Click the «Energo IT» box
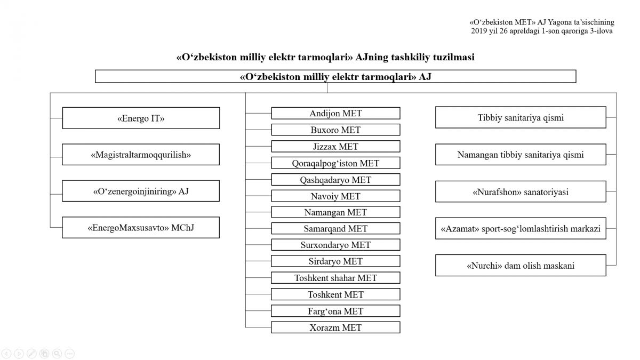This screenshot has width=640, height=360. tap(141, 118)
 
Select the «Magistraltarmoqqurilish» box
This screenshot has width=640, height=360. tap(141, 155)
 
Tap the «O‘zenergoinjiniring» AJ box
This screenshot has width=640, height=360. tap(141, 191)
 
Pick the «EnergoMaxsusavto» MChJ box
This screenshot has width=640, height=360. tap(141, 227)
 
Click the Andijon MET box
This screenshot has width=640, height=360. tap(335, 113)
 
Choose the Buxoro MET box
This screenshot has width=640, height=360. tap(335, 130)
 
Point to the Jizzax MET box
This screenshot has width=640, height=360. tap(335, 146)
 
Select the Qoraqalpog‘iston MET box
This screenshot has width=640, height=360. tap(335, 163)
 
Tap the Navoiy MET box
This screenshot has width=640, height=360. tap(335, 196)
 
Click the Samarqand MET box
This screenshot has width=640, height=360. tap(335, 228)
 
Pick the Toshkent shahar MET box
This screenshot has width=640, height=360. tap(335, 278)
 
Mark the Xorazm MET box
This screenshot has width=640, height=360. tap(335, 327)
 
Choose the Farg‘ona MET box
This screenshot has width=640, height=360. tap(335, 311)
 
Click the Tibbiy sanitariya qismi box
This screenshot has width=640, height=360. tap(521, 117)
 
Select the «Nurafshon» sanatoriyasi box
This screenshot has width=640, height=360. tap(521, 191)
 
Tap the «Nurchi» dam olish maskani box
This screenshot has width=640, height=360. tap(521, 266)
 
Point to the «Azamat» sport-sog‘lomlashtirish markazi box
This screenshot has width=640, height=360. tap(521, 228)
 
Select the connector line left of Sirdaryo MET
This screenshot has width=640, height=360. tap(258, 261)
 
